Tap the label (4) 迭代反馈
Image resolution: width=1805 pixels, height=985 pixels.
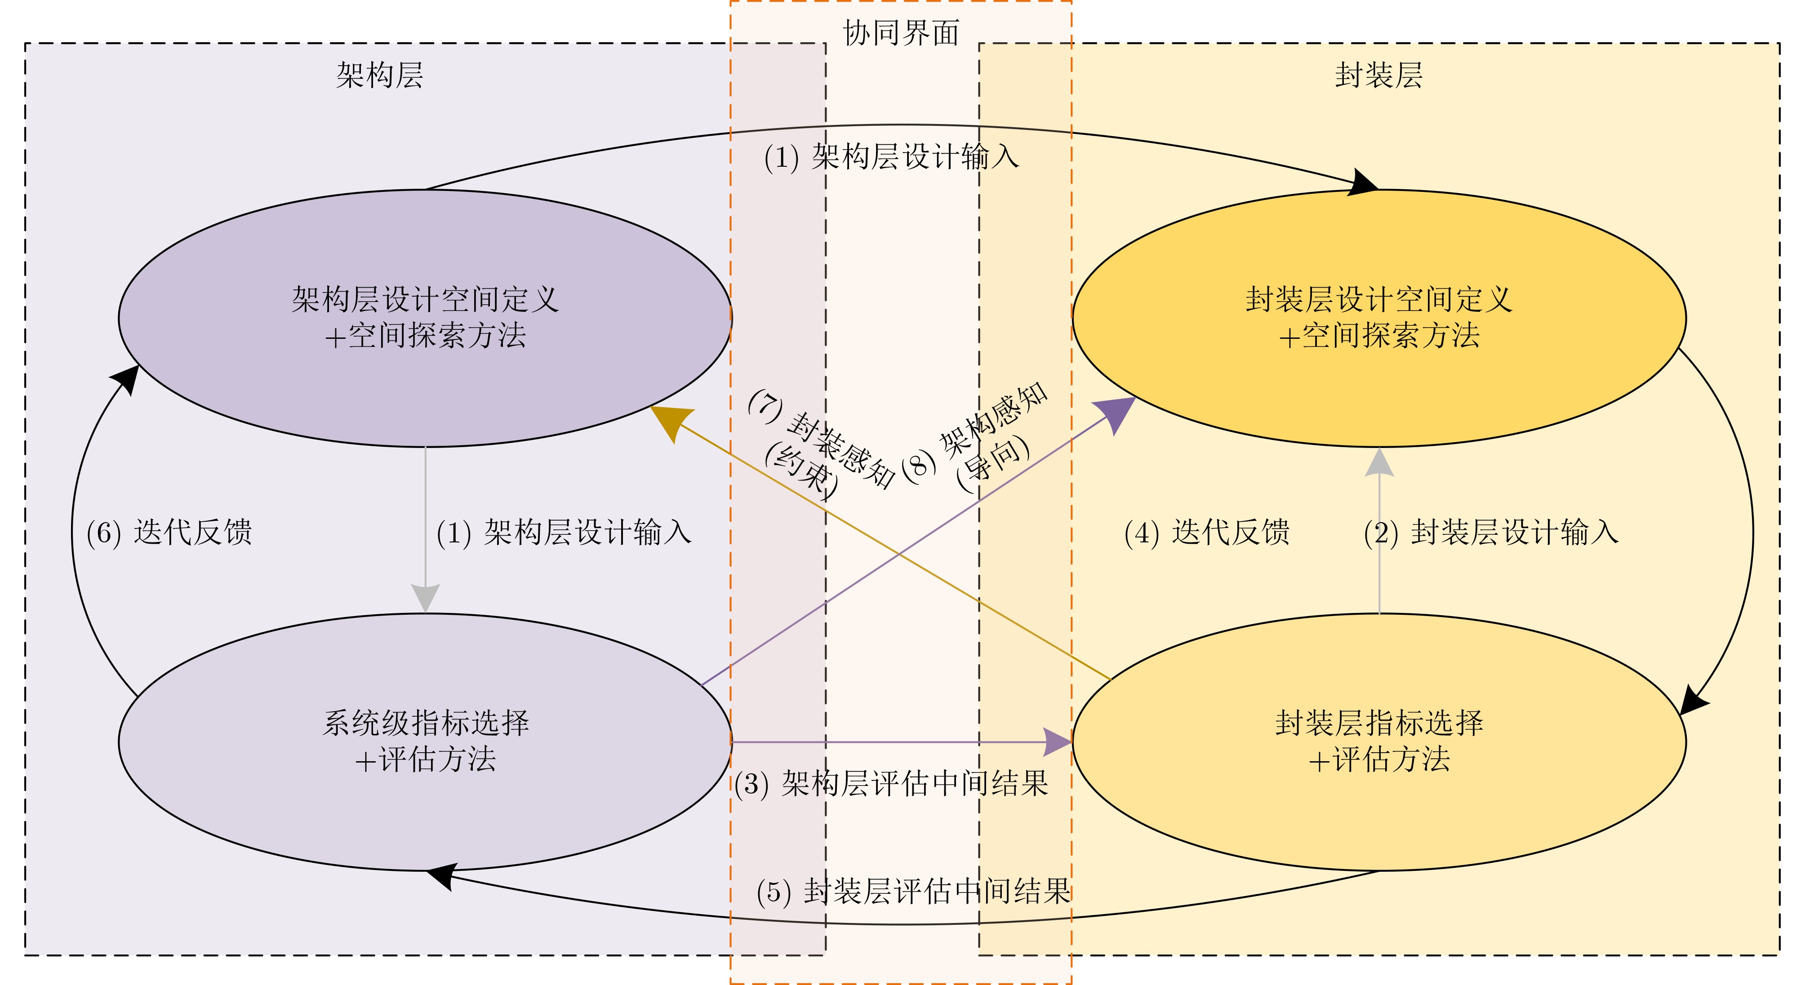1207,532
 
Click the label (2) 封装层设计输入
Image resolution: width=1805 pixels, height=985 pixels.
1491,532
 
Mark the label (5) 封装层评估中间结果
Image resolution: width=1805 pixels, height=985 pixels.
913,891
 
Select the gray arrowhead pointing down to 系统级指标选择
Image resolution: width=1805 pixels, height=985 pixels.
425,598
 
